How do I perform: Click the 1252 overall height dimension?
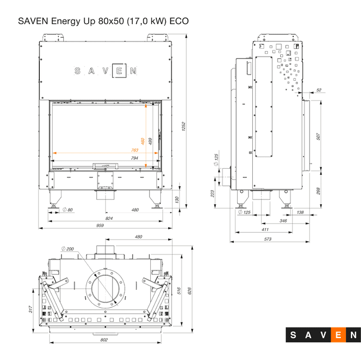183,128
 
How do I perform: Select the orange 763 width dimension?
135,150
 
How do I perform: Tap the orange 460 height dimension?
143,142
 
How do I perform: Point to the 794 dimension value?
135,159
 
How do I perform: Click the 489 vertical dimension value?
150,142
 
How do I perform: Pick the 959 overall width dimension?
100,225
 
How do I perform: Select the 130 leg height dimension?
177,199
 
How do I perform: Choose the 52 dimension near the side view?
319,90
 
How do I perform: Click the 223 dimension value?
212,193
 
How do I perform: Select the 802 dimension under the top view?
104,340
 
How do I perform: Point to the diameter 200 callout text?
68,249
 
